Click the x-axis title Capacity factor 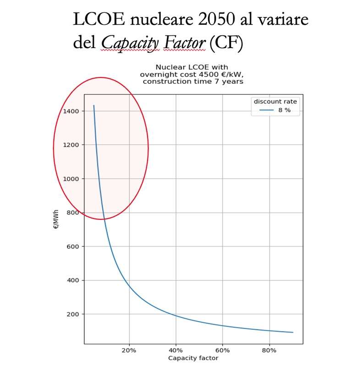tap(193, 358)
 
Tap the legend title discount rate tap(275, 101)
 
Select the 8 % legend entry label tap(285, 110)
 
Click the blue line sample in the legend tap(266, 110)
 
